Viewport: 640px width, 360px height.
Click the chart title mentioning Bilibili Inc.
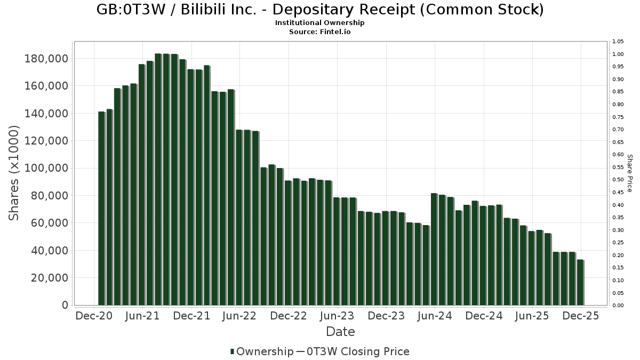tap(320, 10)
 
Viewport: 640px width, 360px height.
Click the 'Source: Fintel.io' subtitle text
tap(320, 31)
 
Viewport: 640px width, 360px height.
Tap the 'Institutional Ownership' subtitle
tap(320, 23)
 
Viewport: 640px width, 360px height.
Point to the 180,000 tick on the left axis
tap(46, 58)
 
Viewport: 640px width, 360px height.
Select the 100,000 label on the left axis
tap(46, 168)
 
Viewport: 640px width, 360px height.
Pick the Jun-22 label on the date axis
tap(239, 316)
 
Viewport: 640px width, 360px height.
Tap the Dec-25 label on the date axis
tap(581, 316)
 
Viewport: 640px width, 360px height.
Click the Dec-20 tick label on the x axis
tap(94, 316)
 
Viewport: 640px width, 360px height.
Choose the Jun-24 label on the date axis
tap(434, 316)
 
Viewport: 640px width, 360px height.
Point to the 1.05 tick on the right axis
tap(618, 42)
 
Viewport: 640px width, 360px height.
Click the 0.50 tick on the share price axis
tap(618, 180)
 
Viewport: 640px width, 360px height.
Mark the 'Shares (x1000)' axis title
tap(14, 173)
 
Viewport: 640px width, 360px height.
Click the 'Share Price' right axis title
tap(629, 173)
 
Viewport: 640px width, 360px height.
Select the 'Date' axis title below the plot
tap(340, 332)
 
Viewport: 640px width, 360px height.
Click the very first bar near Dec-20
tap(101, 208)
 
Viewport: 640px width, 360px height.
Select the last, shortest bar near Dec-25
tap(580, 282)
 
